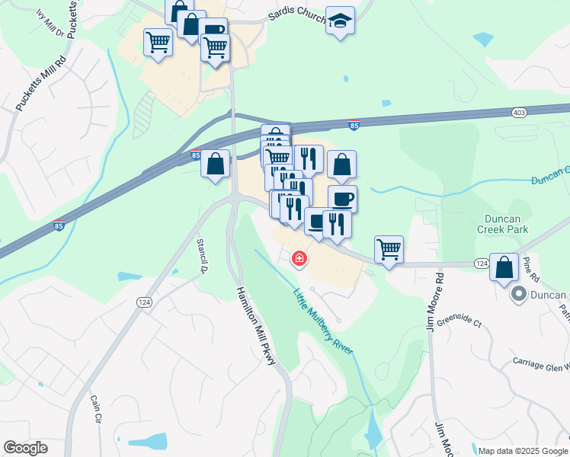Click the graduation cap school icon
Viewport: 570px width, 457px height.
point(341,21)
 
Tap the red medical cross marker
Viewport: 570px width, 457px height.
point(299,259)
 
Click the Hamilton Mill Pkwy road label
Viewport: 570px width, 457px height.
point(256,326)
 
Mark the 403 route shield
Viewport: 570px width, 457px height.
point(519,113)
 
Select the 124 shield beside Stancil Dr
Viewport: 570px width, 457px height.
point(142,302)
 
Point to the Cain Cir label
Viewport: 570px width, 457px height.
point(96,409)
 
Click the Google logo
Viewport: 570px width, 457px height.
point(26,448)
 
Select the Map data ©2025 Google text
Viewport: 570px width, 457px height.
point(523,451)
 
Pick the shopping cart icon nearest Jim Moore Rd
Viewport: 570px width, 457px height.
point(389,248)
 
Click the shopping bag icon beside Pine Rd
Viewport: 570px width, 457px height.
point(504,267)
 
